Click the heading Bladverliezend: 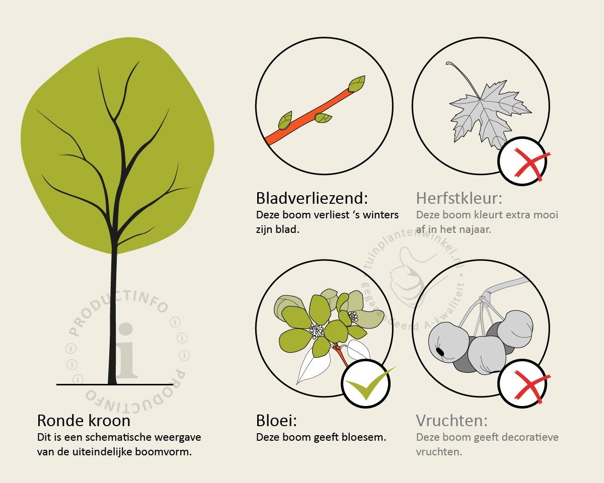click(x=312, y=198)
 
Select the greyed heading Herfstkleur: click(x=459, y=198)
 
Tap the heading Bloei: click(x=276, y=421)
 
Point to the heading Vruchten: click(x=452, y=421)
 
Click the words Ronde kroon click(x=84, y=421)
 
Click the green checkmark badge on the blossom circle click(x=366, y=383)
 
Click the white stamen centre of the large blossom click(x=317, y=330)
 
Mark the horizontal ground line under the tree click(x=115, y=384)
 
